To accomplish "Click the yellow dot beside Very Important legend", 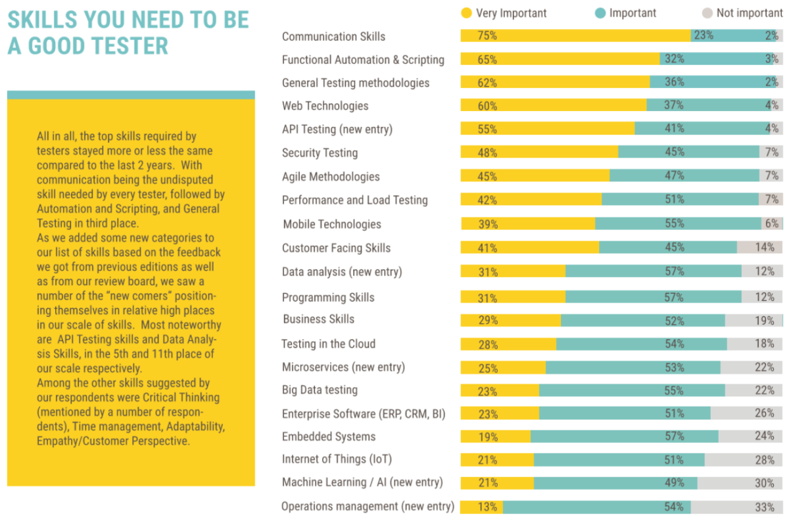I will pos(467,12).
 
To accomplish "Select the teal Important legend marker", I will pos(600,12).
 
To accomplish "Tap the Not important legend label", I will pos(750,13).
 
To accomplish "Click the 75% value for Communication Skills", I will pos(487,36).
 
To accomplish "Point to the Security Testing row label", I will pos(320,153).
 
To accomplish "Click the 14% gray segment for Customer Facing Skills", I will pos(759,248).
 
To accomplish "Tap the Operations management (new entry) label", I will pos(368,507).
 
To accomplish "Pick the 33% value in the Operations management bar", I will pos(764,507).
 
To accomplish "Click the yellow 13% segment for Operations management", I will pos(481,507).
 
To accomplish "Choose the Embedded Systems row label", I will pos(329,437).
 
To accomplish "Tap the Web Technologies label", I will pos(325,106).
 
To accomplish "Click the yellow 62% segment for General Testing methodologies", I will pos(555,83).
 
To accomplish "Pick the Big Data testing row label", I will pos(320,390).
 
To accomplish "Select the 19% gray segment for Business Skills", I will pos(753,321).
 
